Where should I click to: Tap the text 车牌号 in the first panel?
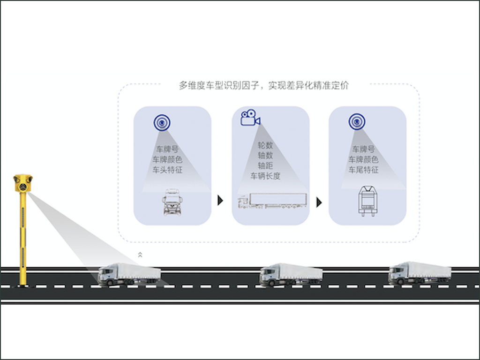[167, 150]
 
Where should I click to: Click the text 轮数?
[265, 145]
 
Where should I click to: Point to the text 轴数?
[265, 155]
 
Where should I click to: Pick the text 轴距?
[265, 165]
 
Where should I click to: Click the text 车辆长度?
[265, 176]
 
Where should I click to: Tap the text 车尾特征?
[363, 170]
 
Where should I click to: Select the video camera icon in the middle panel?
[250, 118]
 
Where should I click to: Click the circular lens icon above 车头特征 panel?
[162, 123]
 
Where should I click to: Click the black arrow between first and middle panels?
[220, 201]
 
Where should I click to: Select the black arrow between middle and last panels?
[319, 202]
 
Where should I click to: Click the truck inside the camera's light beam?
[129, 275]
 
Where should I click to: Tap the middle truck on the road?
[291, 275]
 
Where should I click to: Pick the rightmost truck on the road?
[420, 273]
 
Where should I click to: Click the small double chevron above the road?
[140, 255]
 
